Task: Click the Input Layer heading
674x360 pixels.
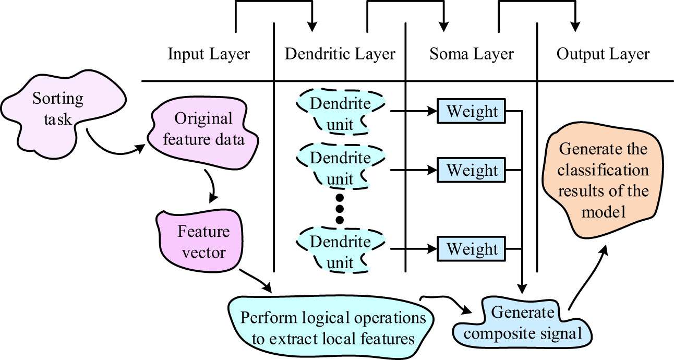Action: pos(209,54)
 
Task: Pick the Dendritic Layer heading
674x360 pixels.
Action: pos(340,54)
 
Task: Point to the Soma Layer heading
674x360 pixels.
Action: pos(472,54)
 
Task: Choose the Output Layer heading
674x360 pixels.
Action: pos(603,54)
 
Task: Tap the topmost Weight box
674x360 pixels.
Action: pos(472,111)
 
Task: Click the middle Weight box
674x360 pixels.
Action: pos(472,170)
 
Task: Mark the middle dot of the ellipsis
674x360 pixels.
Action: pos(340,209)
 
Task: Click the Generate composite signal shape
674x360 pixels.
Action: pos(522,323)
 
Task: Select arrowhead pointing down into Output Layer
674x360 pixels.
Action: pos(576,26)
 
